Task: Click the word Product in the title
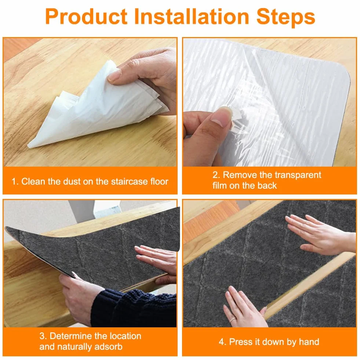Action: click(x=86, y=17)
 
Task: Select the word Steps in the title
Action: click(x=286, y=18)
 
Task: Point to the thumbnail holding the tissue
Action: click(x=115, y=75)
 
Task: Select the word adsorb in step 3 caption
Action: click(x=108, y=346)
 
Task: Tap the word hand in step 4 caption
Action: click(x=309, y=342)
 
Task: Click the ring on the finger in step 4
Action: click(x=233, y=320)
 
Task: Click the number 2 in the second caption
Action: click(x=215, y=175)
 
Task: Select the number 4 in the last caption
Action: click(x=221, y=342)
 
